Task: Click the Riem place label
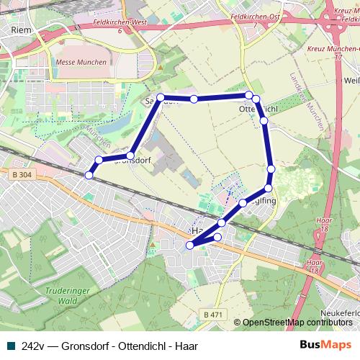(x=21, y=30)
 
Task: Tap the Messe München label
(x=81, y=62)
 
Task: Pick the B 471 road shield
(x=212, y=315)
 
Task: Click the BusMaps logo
(x=327, y=346)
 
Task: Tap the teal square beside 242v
(x=9, y=346)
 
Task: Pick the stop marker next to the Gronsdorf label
(x=130, y=156)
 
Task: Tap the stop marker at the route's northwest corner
(x=161, y=97)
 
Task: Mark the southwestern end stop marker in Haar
(x=190, y=246)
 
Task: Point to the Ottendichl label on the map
(x=257, y=109)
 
